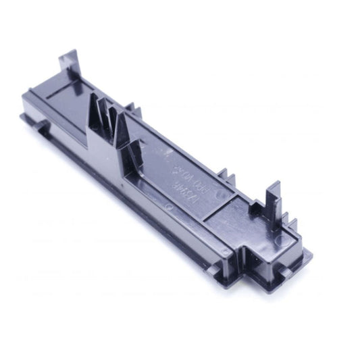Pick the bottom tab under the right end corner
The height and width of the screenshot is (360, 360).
click(287, 271)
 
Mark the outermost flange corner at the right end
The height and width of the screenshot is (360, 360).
click(309, 253)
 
